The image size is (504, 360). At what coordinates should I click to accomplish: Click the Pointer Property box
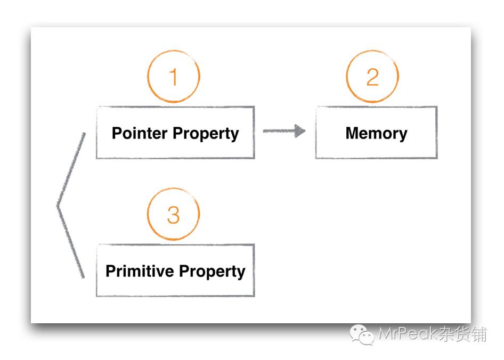175,132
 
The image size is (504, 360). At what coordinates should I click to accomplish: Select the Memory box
376,132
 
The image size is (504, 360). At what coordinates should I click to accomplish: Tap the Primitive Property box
175,270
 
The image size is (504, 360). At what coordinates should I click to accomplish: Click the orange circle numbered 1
173,77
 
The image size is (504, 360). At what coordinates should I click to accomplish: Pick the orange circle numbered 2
372,77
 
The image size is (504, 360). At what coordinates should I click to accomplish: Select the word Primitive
140,271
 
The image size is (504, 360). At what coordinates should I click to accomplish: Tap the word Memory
376,133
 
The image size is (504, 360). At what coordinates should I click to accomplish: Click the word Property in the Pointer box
207,133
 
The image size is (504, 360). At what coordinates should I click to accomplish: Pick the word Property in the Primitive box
212,271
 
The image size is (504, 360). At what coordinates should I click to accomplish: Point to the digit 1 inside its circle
173,77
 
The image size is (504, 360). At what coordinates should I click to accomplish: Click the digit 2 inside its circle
372,77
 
